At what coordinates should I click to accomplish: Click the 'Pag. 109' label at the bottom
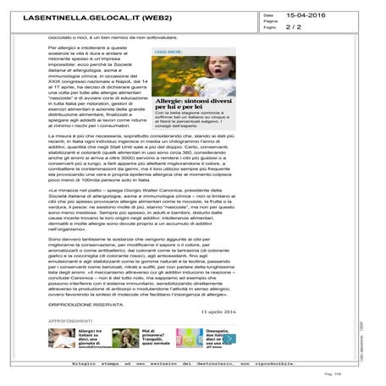point(354,372)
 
